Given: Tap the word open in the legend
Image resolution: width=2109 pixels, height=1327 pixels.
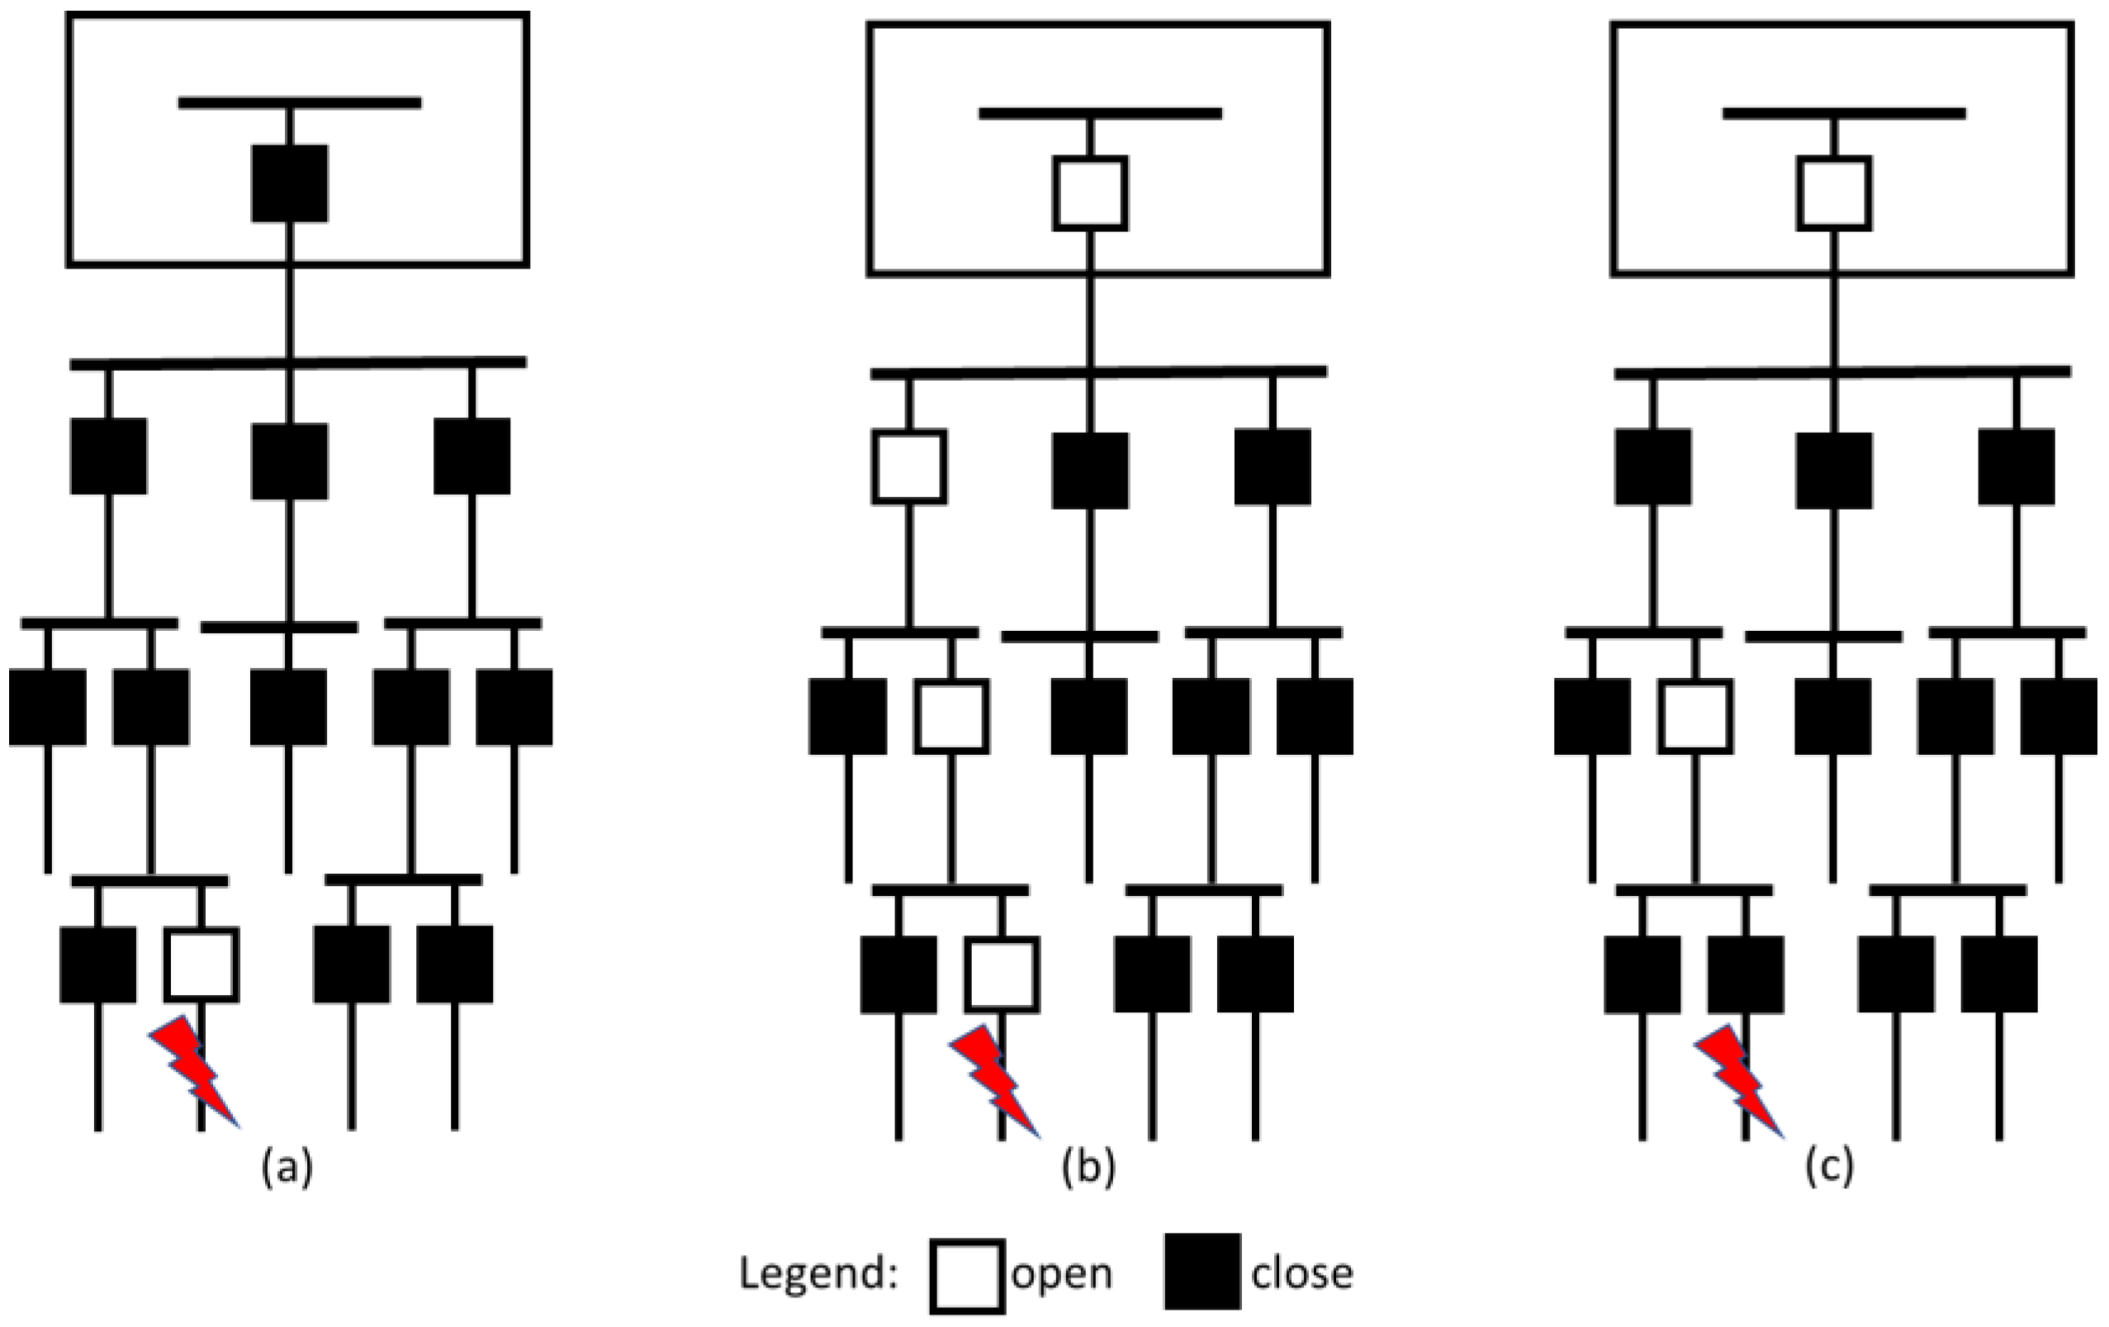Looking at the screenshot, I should pos(1061,1272).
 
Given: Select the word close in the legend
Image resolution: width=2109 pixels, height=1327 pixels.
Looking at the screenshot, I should pos(1301,1272).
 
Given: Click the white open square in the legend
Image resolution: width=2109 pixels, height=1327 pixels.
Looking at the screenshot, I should pos(967,1275).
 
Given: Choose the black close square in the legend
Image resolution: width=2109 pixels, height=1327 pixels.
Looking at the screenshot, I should pos(1202,1272).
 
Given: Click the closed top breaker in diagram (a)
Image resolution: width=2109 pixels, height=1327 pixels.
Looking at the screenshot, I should pos(290,184).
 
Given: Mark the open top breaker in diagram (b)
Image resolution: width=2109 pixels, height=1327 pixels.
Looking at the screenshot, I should pos(1089,193).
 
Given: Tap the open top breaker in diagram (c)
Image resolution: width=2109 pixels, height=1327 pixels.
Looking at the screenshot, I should pos(1834,193).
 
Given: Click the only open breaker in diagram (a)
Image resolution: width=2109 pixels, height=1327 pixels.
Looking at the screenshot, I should pos(201,964).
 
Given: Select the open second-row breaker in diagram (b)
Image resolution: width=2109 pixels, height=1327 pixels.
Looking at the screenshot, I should pos(909,467).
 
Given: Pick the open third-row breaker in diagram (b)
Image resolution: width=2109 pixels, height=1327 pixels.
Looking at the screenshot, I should pos(952,717).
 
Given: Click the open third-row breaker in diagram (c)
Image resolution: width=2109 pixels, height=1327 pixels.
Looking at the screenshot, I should pos(1695,717).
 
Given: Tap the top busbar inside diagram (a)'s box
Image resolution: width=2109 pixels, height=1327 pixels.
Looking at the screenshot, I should pos(300,102).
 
